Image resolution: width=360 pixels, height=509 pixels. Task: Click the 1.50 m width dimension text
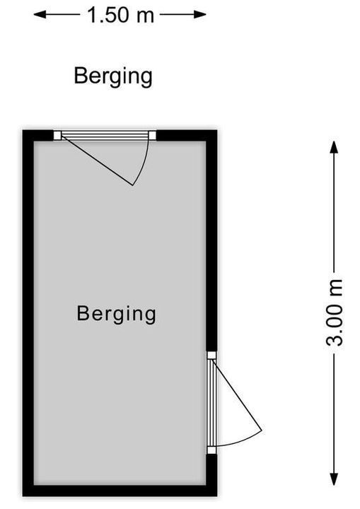(x=120, y=15)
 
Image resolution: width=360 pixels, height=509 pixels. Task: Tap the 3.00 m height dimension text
(x=335, y=313)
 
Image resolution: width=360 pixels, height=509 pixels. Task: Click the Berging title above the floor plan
(x=113, y=76)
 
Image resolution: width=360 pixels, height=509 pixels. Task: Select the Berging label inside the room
(x=116, y=314)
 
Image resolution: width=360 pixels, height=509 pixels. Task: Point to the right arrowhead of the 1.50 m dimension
(x=200, y=15)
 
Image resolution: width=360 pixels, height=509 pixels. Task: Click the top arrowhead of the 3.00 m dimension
(x=334, y=147)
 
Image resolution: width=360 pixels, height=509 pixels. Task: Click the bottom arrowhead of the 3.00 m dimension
(x=334, y=479)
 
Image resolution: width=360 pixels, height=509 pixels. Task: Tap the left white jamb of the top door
(x=57, y=135)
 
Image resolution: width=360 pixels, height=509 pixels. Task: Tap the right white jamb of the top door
(x=152, y=135)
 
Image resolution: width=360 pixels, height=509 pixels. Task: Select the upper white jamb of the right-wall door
(x=211, y=355)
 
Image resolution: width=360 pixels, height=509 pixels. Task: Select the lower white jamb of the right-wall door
(x=211, y=450)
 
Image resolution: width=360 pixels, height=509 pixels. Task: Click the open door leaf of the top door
(x=97, y=160)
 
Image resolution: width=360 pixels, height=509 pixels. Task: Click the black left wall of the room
(x=28, y=313)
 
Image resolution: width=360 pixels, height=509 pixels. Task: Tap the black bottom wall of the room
(x=120, y=491)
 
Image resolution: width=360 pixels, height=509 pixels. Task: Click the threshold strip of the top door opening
(x=105, y=135)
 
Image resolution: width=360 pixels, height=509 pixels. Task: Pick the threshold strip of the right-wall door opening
(x=211, y=402)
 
